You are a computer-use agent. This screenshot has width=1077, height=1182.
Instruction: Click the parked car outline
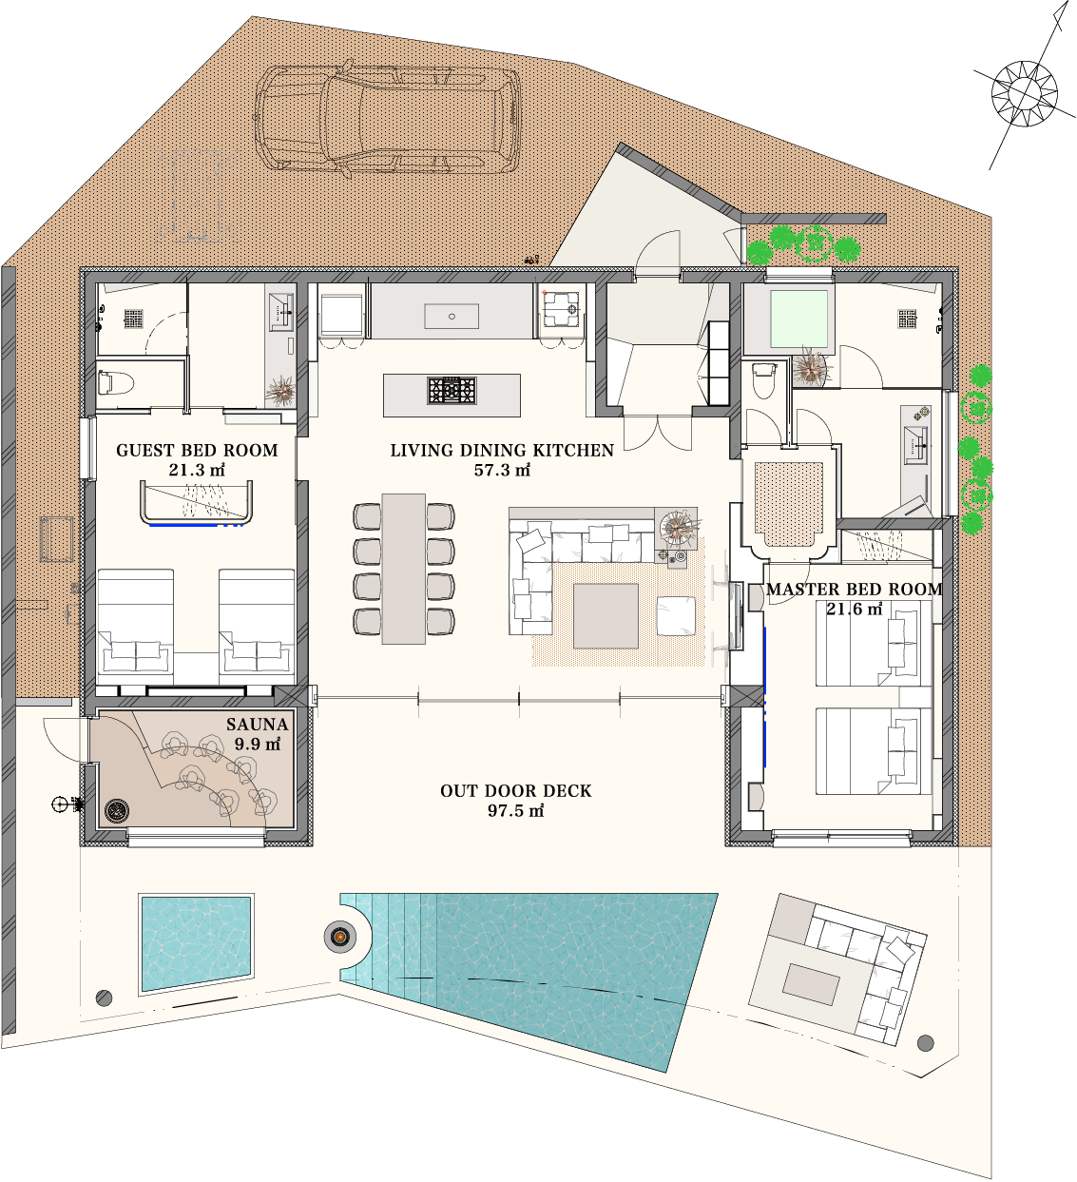coord(388,119)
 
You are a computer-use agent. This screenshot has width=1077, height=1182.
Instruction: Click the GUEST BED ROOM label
coord(197,451)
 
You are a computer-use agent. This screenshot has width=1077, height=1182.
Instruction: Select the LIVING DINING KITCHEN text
coord(502,451)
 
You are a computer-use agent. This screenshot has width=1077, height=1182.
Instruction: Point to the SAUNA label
coord(258,725)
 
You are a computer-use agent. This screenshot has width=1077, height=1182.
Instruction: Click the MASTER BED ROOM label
coord(855,590)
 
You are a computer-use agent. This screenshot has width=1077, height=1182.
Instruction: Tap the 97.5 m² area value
coord(515,811)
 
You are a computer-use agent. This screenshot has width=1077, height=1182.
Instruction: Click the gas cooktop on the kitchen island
coord(452,390)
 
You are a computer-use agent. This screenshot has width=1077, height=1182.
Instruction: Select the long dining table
coord(404,569)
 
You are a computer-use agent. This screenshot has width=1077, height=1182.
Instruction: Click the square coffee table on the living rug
coord(606,616)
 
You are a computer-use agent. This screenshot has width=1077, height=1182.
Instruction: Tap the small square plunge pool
coord(196,944)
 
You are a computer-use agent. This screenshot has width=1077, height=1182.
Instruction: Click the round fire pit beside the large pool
coord(340,936)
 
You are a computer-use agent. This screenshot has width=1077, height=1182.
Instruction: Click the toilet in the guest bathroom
coord(115,383)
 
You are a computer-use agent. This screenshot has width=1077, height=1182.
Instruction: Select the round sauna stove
coord(117,811)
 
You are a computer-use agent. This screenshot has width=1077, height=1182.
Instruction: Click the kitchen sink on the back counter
coord(452,317)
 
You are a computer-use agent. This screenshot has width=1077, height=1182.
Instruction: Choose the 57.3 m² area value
coord(502,470)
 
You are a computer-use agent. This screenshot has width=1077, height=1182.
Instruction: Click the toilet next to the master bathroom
coord(763,378)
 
